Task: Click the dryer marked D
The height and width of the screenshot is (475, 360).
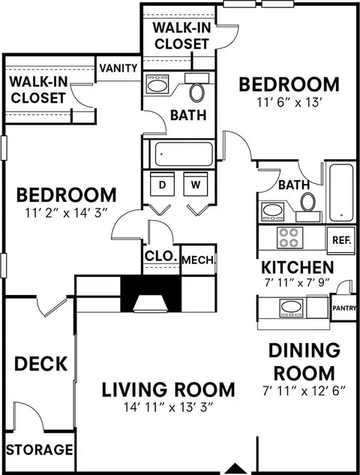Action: (x=162, y=184)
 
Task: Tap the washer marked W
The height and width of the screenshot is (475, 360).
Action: (x=196, y=184)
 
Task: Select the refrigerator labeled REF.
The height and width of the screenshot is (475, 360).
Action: (x=341, y=240)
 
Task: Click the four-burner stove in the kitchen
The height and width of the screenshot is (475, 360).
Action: (x=289, y=238)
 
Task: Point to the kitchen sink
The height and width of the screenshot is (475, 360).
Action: (x=292, y=308)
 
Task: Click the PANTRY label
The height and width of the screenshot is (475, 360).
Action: (x=344, y=308)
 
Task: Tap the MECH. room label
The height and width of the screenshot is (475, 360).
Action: (x=198, y=260)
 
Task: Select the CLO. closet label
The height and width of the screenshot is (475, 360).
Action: (x=160, y=257)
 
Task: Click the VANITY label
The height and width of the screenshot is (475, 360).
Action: (x=118, y=68)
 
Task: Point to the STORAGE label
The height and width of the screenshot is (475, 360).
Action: (x=40, y=449)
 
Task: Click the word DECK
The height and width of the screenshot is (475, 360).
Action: (x=40, y=364)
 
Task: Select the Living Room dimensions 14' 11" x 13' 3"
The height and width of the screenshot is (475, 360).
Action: (x=169, y=407)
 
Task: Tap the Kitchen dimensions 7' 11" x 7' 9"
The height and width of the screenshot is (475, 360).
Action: (x=295, y=283)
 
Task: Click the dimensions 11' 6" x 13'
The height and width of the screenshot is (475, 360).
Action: (x=289, y=102)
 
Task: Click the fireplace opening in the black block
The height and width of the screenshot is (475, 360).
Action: (x=151, y=304)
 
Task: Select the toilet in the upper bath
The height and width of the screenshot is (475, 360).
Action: (x=196, y=92)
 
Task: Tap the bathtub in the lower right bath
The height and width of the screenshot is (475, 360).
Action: (x=341, y=193)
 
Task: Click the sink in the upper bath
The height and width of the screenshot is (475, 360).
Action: (x=157, y=84)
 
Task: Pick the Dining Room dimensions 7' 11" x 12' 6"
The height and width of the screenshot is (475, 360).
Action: (x=304, y=391)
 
